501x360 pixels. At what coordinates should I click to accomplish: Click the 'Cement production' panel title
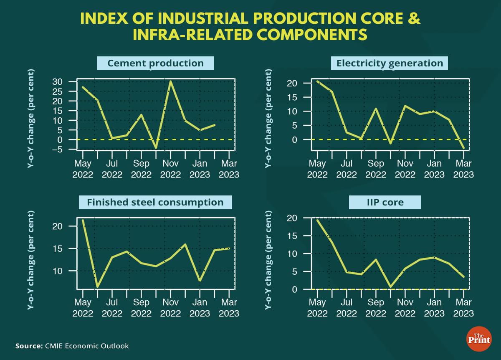[x=155, y=63]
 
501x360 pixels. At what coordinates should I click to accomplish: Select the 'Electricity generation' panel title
[x=390, y=63]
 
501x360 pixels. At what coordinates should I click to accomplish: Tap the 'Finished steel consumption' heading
[x=155, y=203]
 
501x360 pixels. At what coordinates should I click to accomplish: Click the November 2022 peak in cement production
[x=170, y=81]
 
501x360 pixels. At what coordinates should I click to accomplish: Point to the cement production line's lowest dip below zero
[x=156, y=148]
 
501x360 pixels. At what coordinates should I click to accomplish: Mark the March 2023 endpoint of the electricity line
[x=464, y=148]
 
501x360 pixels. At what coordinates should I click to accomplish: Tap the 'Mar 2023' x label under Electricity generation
[x=464, y=169]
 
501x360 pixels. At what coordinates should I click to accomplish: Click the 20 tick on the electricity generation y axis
[x=292, y=83]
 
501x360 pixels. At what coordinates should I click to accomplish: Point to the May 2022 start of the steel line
[x=83, y=220]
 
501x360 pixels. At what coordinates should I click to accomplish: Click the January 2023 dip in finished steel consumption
[x=200, y=281]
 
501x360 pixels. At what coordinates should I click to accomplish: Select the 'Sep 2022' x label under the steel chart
[x=141, y=307]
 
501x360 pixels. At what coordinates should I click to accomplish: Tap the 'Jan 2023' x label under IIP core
[x=434, y=307]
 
